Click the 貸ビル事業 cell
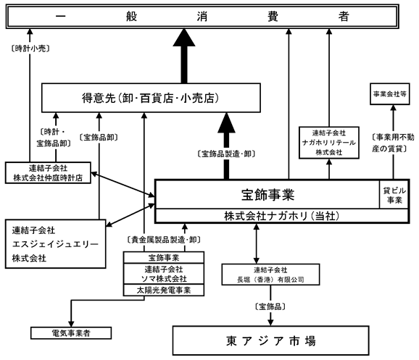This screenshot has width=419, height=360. click(x=394, y=195)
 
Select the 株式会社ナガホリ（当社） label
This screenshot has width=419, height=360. click(x=282, y=216)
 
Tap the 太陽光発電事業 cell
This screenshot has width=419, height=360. click(x=164, y=290)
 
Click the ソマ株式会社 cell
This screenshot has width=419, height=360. click(x=164, y=274)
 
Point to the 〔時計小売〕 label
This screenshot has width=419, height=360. click(x=30, y=49)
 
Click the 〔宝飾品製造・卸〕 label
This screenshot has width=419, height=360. click(x=226, y=154)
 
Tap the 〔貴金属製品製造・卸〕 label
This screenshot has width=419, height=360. click(x=164, y=240)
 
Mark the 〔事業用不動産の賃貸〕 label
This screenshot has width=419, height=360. click(x=393, y=143)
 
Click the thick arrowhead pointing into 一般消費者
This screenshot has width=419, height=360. click(x=184, y=37)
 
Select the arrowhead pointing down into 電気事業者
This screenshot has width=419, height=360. click(x=71, y=322)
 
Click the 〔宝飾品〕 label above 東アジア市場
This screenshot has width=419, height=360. click(x=270, y=306)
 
